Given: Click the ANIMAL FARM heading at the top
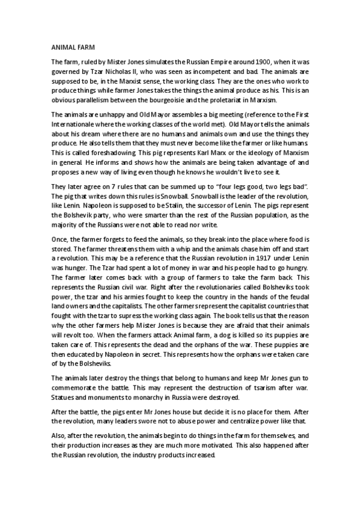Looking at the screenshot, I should click(x=71, y=45).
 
